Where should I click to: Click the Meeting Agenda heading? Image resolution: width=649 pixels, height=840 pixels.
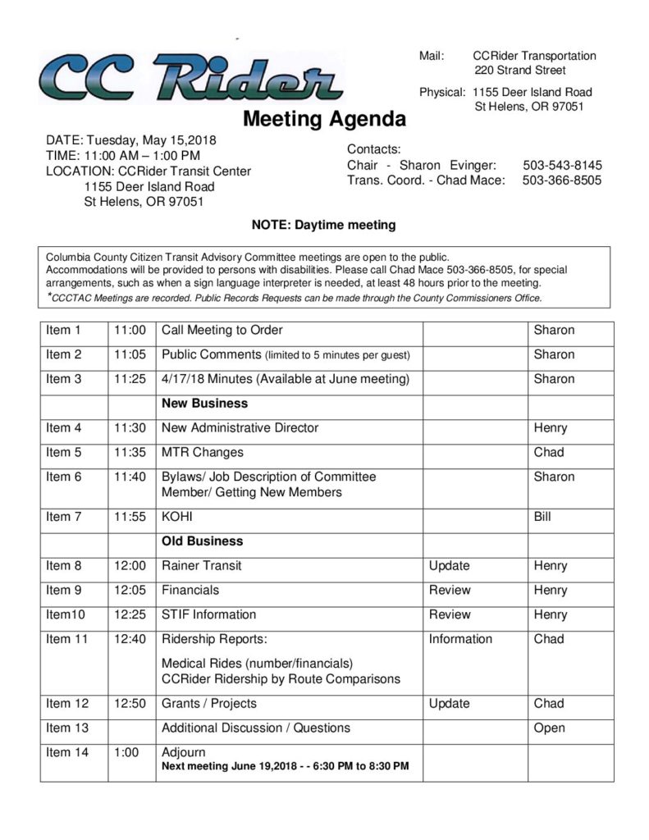(x=324, y=120)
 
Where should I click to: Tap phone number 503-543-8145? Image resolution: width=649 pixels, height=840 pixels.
(x=561, y=165)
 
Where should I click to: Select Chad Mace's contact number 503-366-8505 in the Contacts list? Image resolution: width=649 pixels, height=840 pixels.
(x=561, y=180)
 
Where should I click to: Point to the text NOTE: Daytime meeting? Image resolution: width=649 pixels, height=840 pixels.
(x=323, y=225)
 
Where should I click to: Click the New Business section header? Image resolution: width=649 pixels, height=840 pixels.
(x=204, y=404)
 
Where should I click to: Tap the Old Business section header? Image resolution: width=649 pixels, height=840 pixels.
(x=202, y=541)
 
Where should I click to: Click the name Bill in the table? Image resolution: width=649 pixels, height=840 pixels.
(x=542, y=517)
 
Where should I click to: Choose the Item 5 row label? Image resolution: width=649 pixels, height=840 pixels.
(x=64, y=452)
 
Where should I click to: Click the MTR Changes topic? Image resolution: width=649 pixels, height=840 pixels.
(x=202, y=452)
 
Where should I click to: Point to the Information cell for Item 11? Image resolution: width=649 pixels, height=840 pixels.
(x=460, y=639)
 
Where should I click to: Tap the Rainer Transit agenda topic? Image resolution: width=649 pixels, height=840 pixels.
(x=201, y=565)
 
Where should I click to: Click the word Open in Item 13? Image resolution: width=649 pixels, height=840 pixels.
(x=549, y=728)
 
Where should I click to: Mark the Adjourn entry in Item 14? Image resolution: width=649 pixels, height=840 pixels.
(x=184, y=752)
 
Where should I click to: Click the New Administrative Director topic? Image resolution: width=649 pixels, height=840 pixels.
(x=240, y=427)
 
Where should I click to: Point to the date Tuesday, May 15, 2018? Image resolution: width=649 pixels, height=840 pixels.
(x=151, y=139)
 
